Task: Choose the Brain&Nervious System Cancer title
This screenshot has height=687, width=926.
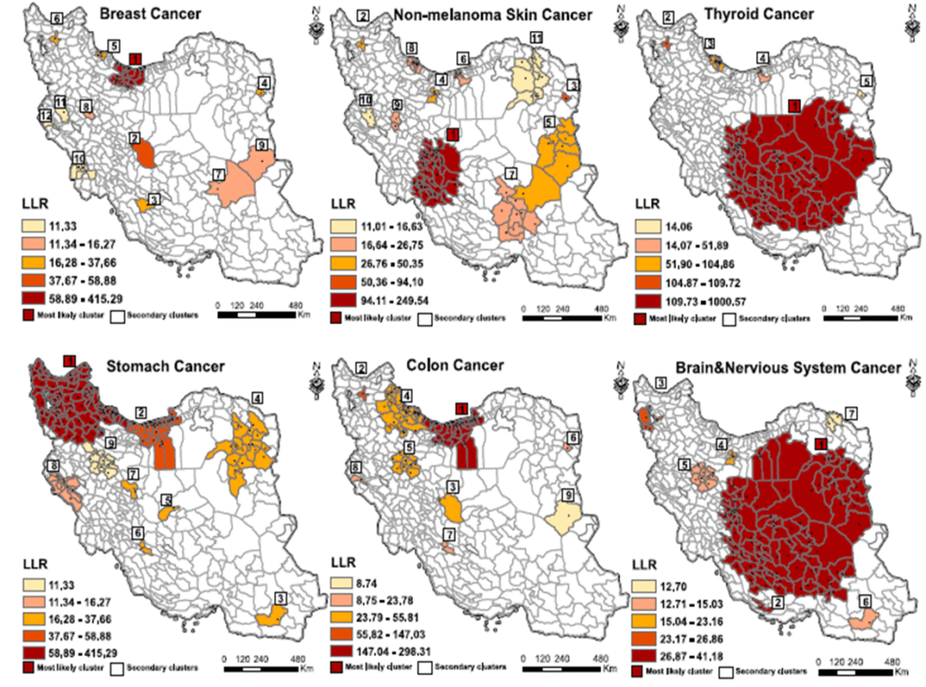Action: [x=786, y=367]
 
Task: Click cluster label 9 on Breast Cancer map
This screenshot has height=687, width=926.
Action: [x=260, y=145]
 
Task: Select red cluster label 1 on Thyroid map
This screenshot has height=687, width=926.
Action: [x=794, y=106]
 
